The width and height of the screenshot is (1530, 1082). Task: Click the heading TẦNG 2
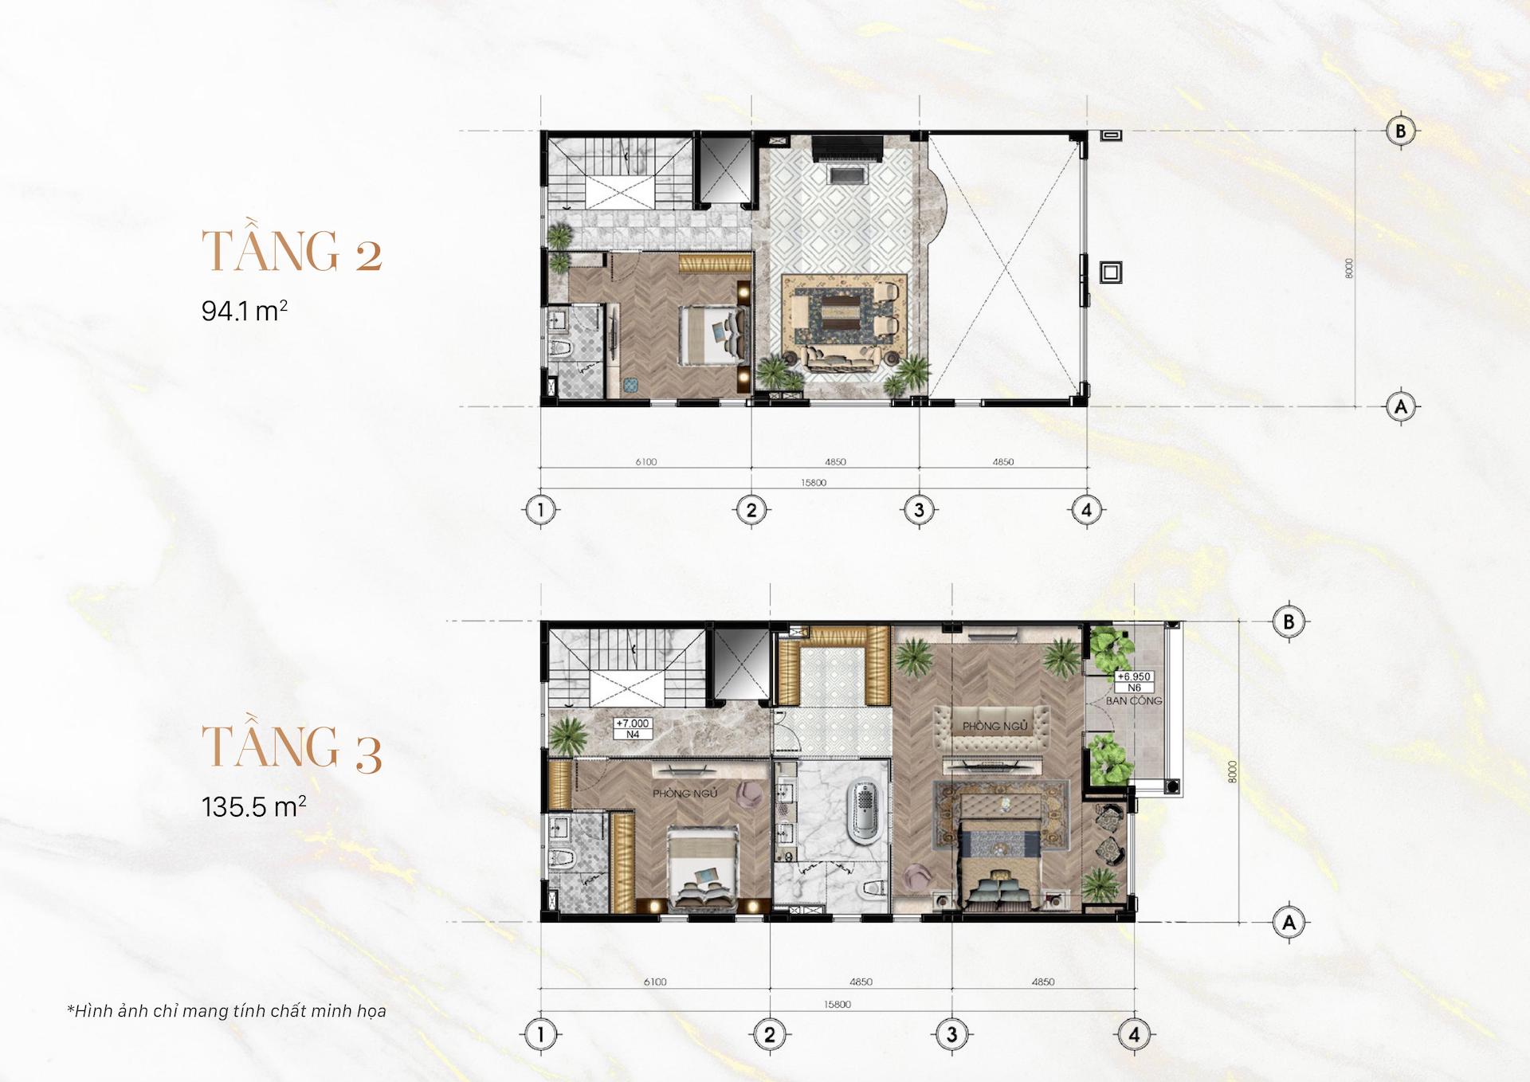click(292, 251)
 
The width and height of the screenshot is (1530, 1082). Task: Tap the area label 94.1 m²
click(244, 310)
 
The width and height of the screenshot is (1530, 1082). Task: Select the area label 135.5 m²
click(253, 806)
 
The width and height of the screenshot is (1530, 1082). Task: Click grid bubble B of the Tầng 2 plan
click(1400, 131)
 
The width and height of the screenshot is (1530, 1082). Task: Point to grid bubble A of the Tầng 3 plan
click(1289, 923)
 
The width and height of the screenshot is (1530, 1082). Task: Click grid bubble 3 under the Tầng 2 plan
click(919, 509)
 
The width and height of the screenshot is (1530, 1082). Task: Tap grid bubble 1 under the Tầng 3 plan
click(540, 1035)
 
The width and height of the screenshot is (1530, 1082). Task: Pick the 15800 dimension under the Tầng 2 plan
click(814, 483)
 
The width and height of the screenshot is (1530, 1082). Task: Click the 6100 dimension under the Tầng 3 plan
click(655, 982)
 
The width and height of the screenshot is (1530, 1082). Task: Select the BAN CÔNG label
click(1133, 701)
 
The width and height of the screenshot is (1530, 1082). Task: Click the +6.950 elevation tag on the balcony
click(1133, 676)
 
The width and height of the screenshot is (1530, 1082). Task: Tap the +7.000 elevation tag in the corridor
click(633, 723)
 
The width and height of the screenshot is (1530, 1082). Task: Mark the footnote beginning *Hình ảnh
click(227, 1011)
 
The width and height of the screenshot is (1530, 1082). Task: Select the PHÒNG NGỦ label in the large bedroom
click(994, 726)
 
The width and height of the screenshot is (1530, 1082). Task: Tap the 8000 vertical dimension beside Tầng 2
click(1348, 269)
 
